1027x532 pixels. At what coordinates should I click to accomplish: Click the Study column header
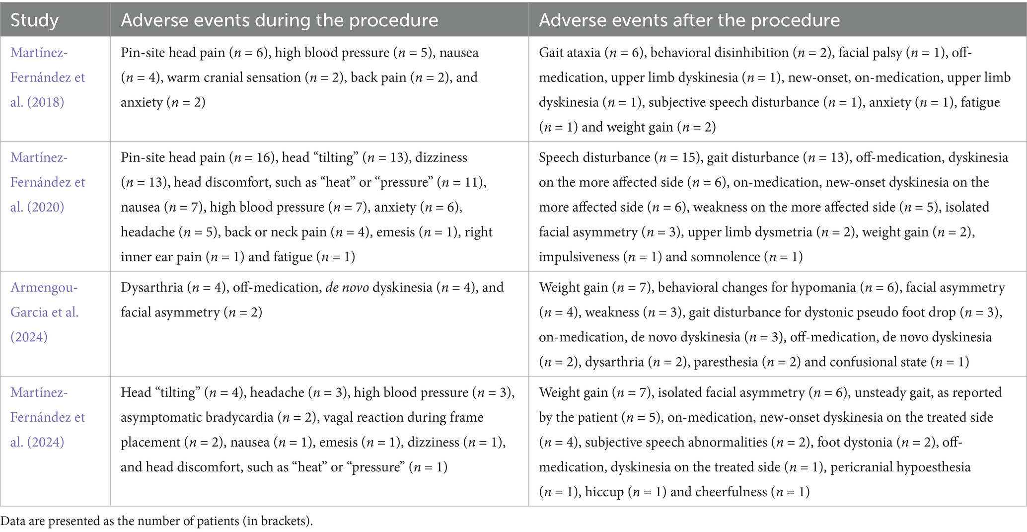click(x=35, y=20)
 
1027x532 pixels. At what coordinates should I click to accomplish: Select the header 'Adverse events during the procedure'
click(x=279, y=20)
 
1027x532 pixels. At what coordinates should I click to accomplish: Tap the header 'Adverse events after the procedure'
click(x=689, y=20)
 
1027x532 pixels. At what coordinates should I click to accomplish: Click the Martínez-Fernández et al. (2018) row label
click(x=48, y=77)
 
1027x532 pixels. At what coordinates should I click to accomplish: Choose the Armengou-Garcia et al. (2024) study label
click(x=45, y=312)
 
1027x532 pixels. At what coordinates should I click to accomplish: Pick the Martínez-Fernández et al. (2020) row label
click(x=48, y=182)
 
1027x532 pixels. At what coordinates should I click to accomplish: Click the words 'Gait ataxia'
click(x=569, y=53)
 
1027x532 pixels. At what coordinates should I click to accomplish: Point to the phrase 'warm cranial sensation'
click(x=234, y=77)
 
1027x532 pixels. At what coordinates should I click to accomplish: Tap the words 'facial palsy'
click(x=870, y=53)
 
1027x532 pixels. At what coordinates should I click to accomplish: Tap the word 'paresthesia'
click(x=726, y=362)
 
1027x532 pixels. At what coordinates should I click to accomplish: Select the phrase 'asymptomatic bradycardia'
click(x=197, y=418)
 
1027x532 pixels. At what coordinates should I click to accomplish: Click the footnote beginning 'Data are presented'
click(x=157, y=521)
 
